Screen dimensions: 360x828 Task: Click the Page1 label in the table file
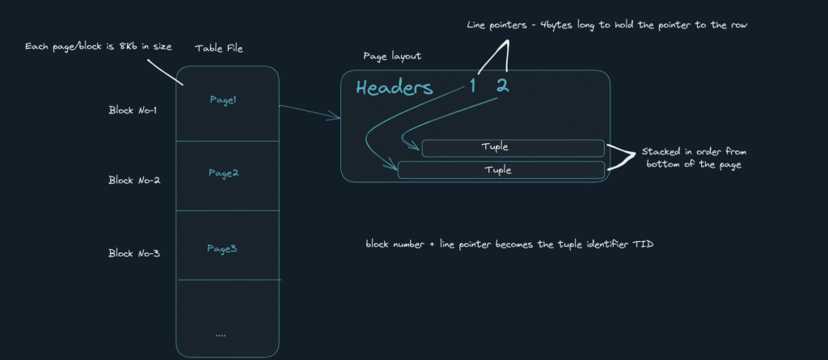pos(222,100)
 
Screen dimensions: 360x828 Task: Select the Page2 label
pos(222,173)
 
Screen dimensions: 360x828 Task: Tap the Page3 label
pos(222,248)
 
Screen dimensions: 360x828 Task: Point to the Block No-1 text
pos(134,110)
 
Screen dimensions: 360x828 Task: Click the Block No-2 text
pos(134,180)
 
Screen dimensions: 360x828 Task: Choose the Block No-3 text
pos(134,253)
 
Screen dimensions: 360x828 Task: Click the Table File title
pos(218,49)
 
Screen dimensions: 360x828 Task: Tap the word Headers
pos(394,88)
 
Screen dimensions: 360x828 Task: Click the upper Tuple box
pos(513,148)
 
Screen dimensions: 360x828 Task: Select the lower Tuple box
pos(501,170)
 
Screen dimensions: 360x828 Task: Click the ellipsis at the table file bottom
pos(222,333)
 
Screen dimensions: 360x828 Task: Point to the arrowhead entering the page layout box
pos(336,119)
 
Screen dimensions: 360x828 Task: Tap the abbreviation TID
pos(644,244)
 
